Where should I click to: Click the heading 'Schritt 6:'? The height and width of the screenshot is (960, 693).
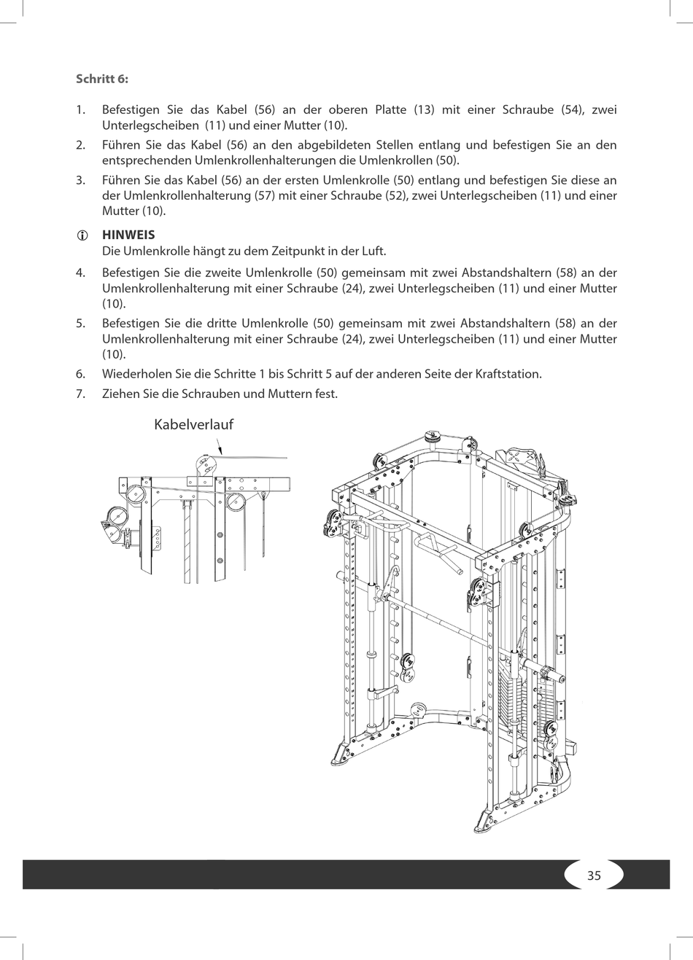point(101,79)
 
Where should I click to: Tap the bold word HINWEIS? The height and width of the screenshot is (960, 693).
point(128,235)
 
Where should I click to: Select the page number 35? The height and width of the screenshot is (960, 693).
point(594,875)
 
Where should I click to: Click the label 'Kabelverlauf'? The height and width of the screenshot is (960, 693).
point(193,424)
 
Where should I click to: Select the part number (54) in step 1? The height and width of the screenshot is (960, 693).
point(570,109)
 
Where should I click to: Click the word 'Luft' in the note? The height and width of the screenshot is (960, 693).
point(373,251)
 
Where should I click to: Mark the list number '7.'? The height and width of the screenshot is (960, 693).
point(81,394)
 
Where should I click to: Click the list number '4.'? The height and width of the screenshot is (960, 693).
point(81,273)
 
